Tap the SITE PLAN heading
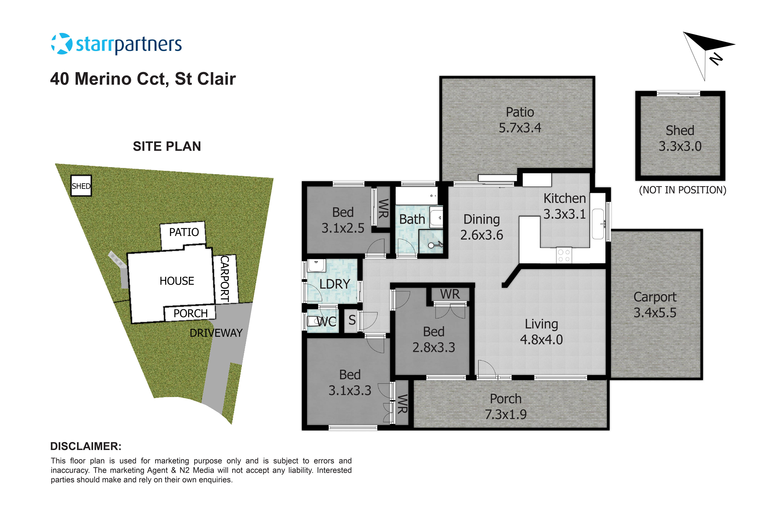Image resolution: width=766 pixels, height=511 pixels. tap(167, 146)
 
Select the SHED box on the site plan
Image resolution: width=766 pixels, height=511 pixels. tap(81, 186)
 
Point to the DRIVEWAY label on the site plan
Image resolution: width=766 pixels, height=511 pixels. tap(216, 333)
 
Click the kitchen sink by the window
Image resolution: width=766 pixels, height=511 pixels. tap(598, 224)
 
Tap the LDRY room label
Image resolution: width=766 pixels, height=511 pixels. tap(335, 284)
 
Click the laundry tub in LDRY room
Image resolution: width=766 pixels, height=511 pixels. tap(316, 265)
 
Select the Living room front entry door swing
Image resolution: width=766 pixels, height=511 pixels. tap(487, 369)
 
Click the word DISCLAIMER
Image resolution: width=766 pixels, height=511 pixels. tap(86, 446)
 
